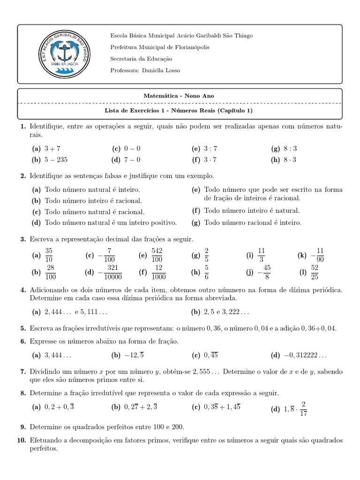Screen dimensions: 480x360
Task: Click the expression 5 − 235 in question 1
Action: (56, 159)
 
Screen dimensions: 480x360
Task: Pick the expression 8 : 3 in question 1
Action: (290, 149)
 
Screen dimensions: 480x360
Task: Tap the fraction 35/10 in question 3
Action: (50, 255)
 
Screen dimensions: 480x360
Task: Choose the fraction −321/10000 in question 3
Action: (111, 272)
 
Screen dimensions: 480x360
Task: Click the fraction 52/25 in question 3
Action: (315, 272)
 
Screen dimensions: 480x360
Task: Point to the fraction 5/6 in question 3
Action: (207, 272)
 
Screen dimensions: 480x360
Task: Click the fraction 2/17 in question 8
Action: (303, 409)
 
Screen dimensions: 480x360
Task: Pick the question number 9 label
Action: (23, 427)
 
